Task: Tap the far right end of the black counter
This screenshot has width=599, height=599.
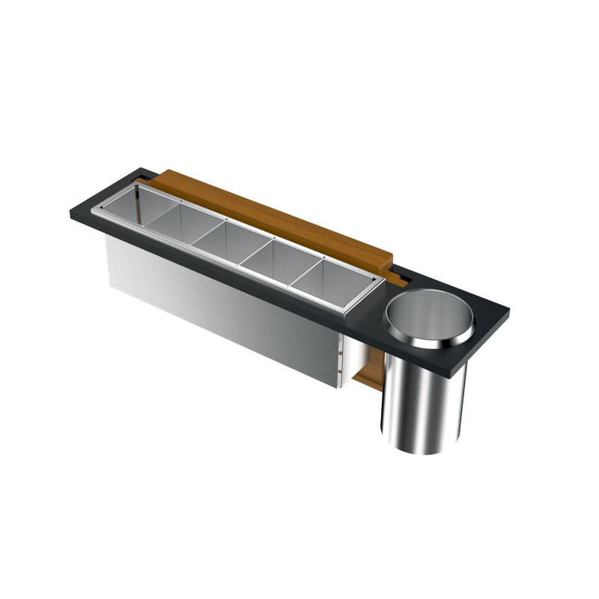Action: point(507,307)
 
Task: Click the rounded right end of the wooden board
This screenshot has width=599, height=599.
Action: point(389,260)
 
